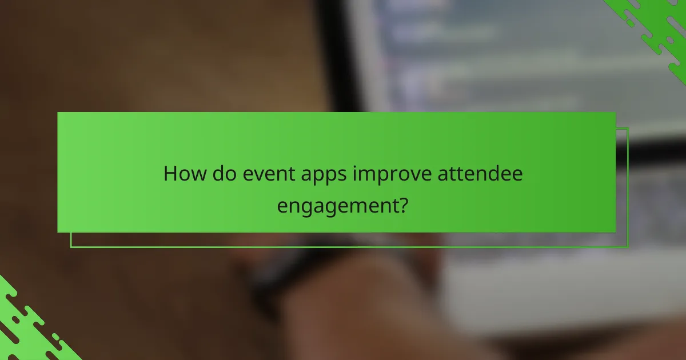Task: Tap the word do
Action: click(x=222, y=174)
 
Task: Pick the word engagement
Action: click(x=337, y=205)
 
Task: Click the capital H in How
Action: click(x=170, y=174)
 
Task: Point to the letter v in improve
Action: click(x=407, y=175)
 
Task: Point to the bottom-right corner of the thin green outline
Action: click(x=628, y=247)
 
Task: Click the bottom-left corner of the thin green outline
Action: click(x=71, y=247)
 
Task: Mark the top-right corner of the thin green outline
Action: click(x=628, y=127)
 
